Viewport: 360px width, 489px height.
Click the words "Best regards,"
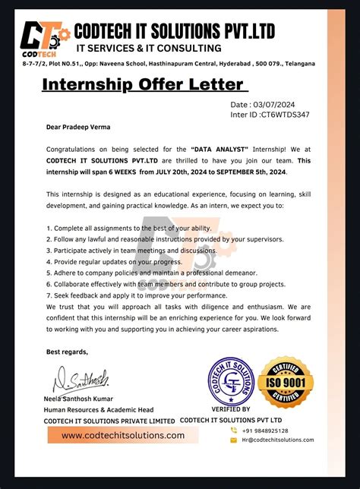click(67, 352)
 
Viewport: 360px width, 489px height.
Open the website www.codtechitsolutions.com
click(122, 436)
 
